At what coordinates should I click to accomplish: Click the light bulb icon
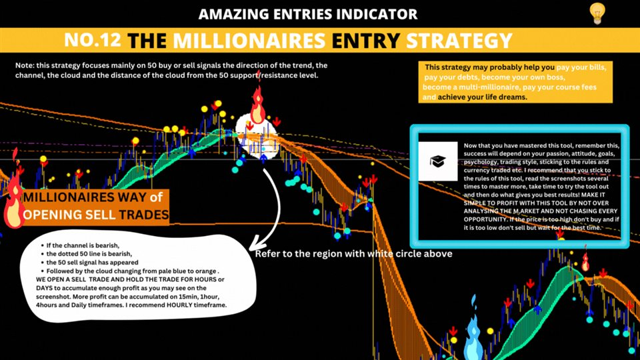pos(597,13)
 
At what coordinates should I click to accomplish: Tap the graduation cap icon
pos(437,161)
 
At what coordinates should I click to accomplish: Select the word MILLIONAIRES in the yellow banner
pos(249,41)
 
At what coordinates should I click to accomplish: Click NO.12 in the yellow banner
pos(93,40)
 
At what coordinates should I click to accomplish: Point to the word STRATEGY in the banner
pos(459,41)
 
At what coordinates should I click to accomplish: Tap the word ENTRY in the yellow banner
pos(366,41)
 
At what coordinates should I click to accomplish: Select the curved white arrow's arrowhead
pos(256,244)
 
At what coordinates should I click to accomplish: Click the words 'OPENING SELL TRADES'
pos(95,215)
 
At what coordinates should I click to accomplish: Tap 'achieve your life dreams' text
pos(482,97)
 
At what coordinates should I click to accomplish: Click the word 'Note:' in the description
pos(25,65)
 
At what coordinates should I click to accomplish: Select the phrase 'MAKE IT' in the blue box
pos(593,195)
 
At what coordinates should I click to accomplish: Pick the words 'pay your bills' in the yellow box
pos(581,67)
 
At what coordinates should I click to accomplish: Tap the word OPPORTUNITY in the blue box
pos(485,219)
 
